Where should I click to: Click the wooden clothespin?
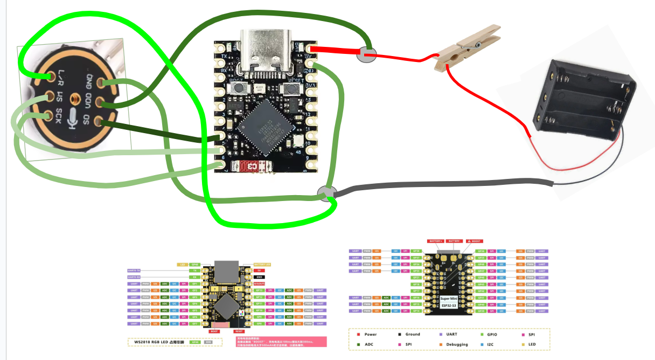click(x=466, y=49)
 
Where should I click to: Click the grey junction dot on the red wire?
click(x=367, y=54)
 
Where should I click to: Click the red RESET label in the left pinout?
click(x=239, y=331)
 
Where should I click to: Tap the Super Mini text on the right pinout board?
click(x=450, y=298)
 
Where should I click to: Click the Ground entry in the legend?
click(x=413, y=334)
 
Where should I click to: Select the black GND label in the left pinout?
click(x=259, y=276)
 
